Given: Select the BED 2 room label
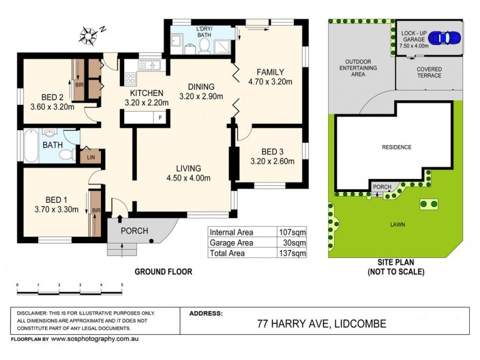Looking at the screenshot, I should pos(53,97).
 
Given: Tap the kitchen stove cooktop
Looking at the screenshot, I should pos(130,78).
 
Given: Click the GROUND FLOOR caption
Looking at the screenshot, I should pos(163,272).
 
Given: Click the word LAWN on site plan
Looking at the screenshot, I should pos(395,224).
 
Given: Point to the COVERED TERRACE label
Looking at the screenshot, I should pos(429,72).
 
